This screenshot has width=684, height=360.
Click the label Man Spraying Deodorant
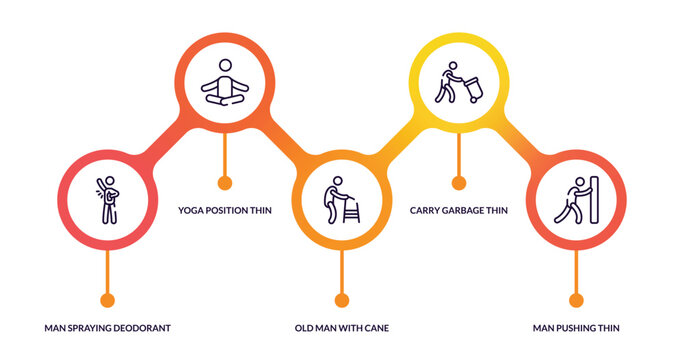click(x=108, y=328)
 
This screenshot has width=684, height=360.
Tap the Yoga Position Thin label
click(x=225, y=211)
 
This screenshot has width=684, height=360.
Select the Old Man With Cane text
click(x=342, y=328)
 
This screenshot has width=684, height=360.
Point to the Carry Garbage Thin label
click(x=459, y=211)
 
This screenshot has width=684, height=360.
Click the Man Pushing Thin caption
click(x=576, y=328)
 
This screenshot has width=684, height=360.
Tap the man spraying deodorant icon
click(x=107, y=197)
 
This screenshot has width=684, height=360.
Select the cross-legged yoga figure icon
click(x=224, y=82)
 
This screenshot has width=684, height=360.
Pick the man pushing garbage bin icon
click(x=458, y=82)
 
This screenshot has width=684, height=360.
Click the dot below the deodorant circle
click(x=108, y=300)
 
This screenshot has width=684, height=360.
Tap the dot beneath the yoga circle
click(x=225, y=183)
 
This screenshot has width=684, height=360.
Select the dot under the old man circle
click(x=342, y=300)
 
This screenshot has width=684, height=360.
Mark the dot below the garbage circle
click(x=459, y=183)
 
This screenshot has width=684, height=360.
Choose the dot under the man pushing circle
click(x=576, y=300)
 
